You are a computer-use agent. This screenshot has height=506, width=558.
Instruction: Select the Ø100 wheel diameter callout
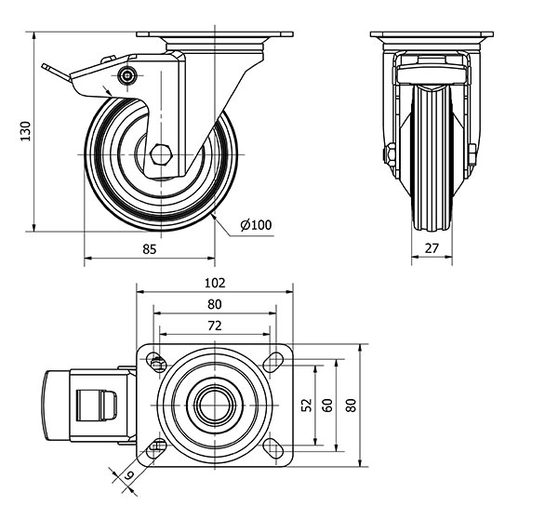(256, 226)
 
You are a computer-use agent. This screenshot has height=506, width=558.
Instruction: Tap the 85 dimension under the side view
(150, 248)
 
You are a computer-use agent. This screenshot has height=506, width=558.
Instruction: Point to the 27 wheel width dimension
(432, 248)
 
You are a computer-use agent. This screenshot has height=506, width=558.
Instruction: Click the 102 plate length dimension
(215, 283)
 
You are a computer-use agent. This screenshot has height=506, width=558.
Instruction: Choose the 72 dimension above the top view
(215, 326)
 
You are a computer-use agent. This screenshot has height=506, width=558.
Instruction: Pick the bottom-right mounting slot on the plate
(274, 447)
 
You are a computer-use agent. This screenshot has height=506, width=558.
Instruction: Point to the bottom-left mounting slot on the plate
(155, 447)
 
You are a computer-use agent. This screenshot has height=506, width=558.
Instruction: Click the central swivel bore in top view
(215, 405)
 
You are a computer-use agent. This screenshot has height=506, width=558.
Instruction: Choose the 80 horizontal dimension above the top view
(215, 304)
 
